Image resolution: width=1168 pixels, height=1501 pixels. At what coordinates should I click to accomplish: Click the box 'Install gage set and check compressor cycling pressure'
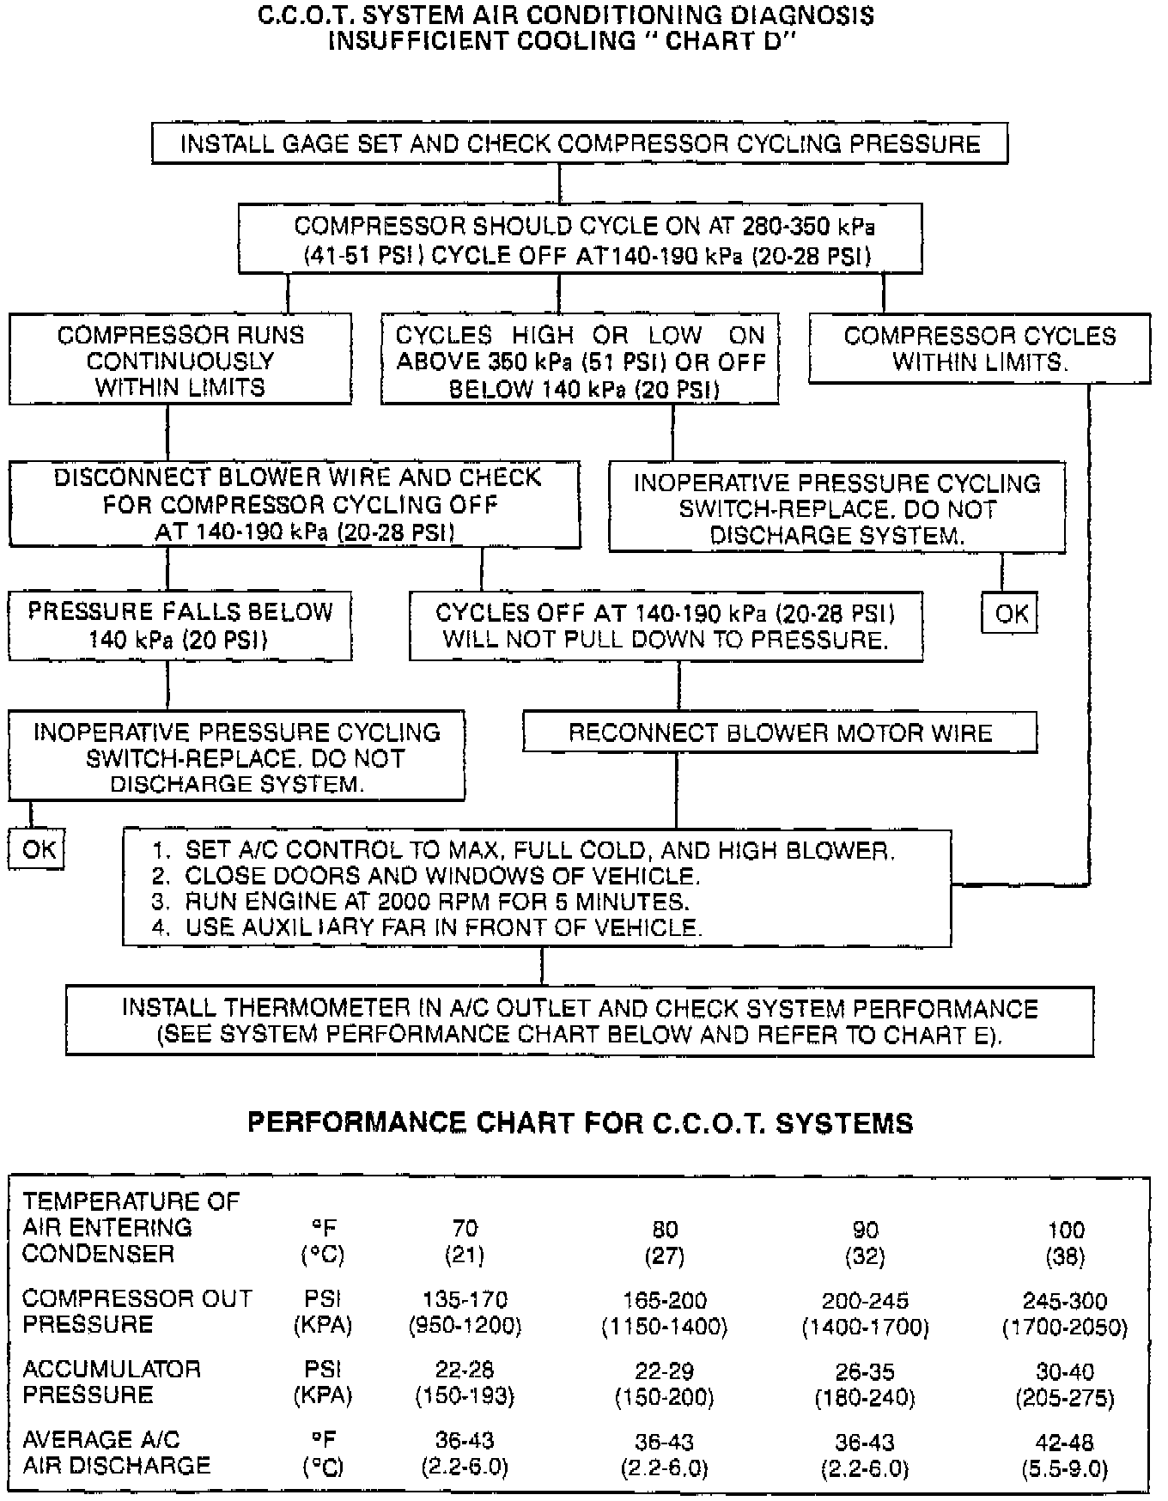coord(580,143)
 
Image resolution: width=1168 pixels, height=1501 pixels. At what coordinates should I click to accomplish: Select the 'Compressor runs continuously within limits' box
coord(180,360)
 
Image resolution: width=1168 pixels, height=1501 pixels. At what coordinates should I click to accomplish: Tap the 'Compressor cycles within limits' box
coord(979,348)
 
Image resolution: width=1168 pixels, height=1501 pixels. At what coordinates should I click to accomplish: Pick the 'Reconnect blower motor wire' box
coord(780,733)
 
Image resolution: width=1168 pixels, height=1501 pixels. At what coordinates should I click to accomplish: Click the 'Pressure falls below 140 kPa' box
coord(180,625)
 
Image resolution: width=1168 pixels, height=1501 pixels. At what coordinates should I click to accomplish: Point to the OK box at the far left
coord(38,850)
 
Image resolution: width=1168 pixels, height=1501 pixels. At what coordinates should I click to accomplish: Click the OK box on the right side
coord(1011,613)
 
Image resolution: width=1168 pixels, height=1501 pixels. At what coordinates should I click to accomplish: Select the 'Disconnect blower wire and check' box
coord(295,504)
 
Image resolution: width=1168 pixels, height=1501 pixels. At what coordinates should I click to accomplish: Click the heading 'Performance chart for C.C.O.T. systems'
coord(580,1122)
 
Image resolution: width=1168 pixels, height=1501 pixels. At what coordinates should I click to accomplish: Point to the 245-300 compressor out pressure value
coord(1065,1301)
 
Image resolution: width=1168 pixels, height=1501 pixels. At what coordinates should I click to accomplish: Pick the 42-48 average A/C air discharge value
coord(1065,1442)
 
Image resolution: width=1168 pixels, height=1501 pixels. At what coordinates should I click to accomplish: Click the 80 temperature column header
coord(665,1230)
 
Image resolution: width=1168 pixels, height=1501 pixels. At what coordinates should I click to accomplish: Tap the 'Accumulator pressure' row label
coord(112,1382)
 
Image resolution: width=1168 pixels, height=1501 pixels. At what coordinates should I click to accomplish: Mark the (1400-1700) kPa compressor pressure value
coord(865,1328)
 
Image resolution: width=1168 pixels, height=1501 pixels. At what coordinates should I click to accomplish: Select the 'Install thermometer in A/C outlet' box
coord(580,1021)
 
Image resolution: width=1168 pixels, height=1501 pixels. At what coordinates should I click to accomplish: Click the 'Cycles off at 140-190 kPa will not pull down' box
coord(666,626)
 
